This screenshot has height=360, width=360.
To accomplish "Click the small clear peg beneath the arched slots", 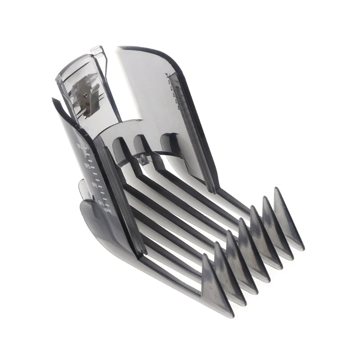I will coord(143,157).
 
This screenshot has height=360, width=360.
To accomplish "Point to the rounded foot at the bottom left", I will coord(97,220).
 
